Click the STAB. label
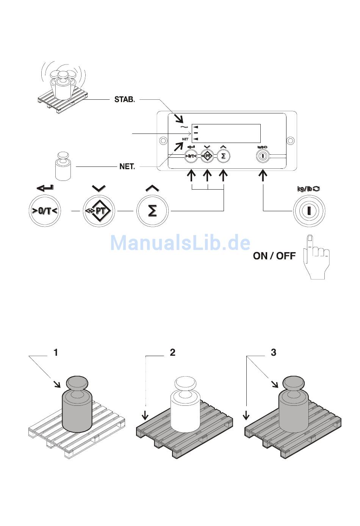pos(124,100)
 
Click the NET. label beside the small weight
pos(127,166)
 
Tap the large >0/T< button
pos(45,211)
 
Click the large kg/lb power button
pos(309,211)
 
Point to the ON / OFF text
pos(274,256)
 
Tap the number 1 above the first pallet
pos(56,353)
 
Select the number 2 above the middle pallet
pos(172,353)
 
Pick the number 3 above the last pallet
pos(274,353)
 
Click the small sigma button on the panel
pos(224,156)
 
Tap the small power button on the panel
pos(263,156)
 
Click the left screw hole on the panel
pos(162,140)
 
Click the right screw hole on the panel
pos(291,140)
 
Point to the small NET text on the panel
pos(185,139)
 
